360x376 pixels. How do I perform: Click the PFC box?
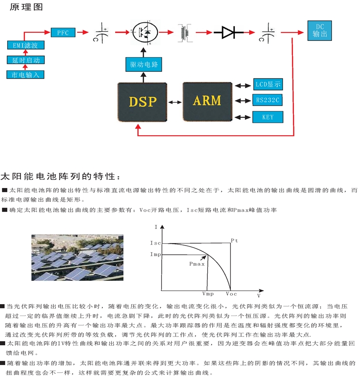click(63, 32)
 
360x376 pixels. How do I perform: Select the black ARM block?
click(207, 100)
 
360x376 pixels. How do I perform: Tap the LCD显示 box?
click(268, 85)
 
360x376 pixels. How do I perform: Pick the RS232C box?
click(268, 100)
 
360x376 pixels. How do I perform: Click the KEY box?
click(268, 117)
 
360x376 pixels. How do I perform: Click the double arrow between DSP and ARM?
click(175, 102)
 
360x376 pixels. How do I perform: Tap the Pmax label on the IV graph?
click(196, 263)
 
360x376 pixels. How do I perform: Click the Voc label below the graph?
click(231, 294)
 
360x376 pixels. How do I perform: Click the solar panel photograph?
click(78, 258)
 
